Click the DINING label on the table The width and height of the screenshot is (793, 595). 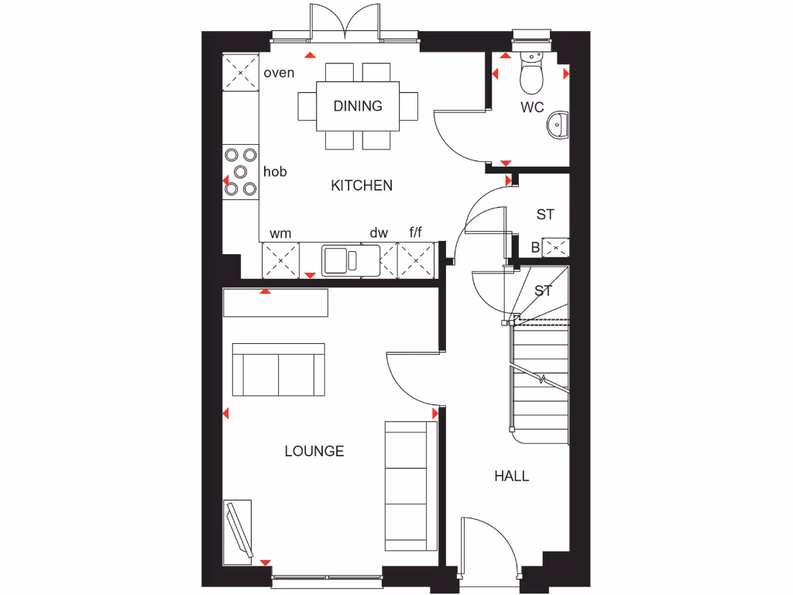coord(358,106)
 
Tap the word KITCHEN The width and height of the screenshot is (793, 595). coord(362,185)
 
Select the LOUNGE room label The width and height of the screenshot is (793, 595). coord(314,451)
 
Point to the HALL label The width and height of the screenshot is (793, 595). coord(512,476)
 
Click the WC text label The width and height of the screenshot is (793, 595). coord(532,108)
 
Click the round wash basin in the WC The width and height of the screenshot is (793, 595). coord(557,124)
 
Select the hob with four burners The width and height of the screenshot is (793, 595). coord(240,171)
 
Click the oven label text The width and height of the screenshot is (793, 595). coord(280,73)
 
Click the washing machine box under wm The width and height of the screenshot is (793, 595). coord(280,260)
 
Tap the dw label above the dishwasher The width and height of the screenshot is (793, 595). coord(378,232)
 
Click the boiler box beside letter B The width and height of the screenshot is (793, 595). coord(556,248)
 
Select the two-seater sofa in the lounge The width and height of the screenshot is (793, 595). coord(279,370)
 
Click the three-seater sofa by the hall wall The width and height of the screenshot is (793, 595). coord(406,486)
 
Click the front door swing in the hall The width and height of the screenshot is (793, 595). coord(487,546)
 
